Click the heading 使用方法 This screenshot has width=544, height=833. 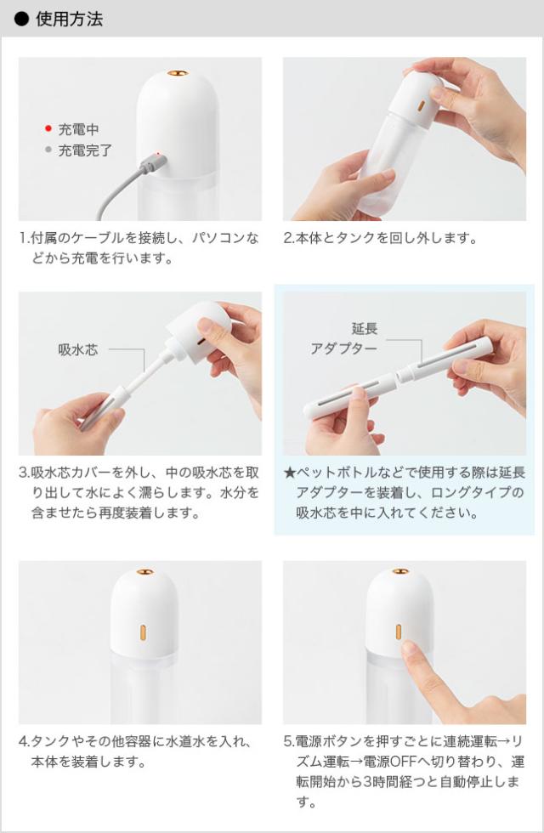tap(69, 19)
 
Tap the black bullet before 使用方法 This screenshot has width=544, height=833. tap(22, 19)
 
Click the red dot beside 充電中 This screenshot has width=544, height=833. tap(48, 129)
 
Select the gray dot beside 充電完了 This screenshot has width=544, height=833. tap(48, 150)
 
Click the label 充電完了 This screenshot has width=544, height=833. tap(85, 150)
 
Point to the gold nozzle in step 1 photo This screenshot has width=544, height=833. tap(177, 75)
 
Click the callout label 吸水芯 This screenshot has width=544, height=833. tap(77, 349)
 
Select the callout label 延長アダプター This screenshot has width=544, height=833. tap(343, 338)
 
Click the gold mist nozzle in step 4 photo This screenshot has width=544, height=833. tap(144, 574)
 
